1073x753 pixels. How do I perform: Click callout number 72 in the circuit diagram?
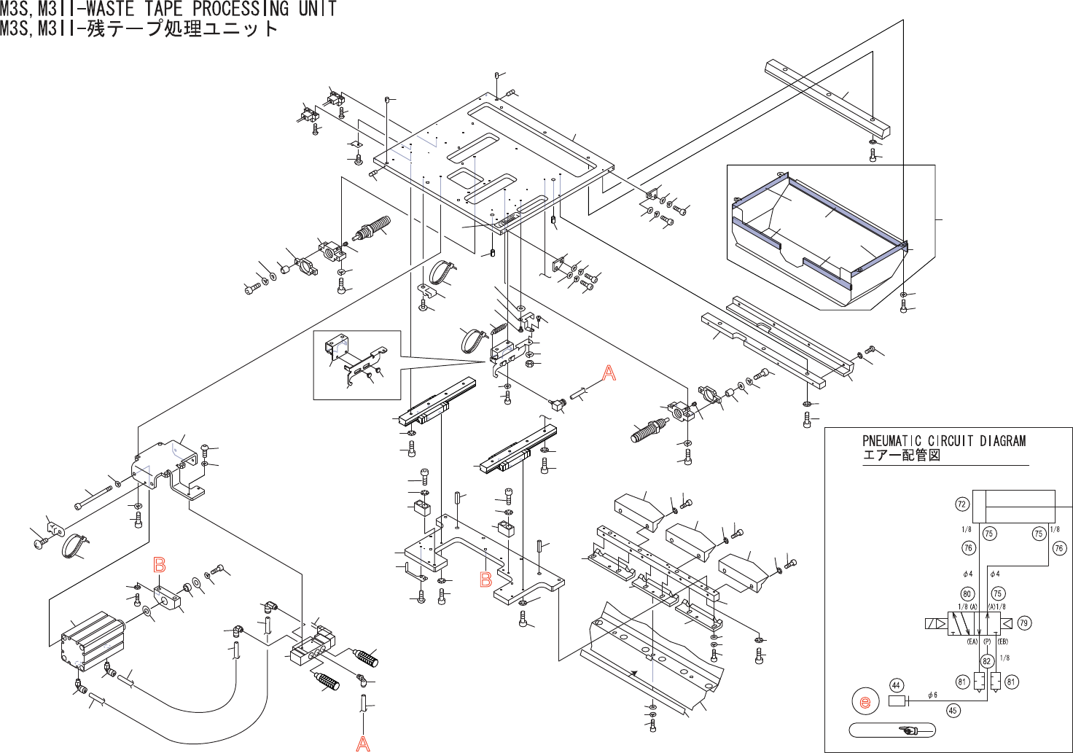pyautogui.click(x=962, y=504)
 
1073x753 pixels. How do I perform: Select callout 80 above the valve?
pyautogui.click(x=967, y=593)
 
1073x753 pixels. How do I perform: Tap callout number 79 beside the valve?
pyautogui.click(x=1024, y=623)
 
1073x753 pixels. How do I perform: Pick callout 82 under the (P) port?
pyautogui.click(x=987, y=661)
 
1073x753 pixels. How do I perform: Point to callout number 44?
pyautogui.click(x=897, y=685)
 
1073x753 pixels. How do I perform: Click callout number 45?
pyautogui.click(x=953, y=711)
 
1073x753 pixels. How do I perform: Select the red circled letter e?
pyautogui.click(x=865, y=703)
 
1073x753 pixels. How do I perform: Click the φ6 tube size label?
pyautogui.click(x=932, y=695)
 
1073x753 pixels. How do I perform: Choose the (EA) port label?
pyautogui.click(x=972, y=641)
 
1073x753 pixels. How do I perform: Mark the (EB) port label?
pyautogui.click(x=1002, y=641)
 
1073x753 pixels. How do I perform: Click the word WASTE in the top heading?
pyautogui.click(x=112, y=9)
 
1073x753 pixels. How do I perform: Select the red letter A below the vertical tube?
pyautogui.click(x=363, y=744)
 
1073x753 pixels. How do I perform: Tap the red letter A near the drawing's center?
pyautogui.click(x=609, y=373)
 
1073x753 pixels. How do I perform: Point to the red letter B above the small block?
pyautogui.click(x=160, y=564)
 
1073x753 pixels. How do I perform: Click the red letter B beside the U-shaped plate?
pyautogui.click(x=485, y=580)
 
